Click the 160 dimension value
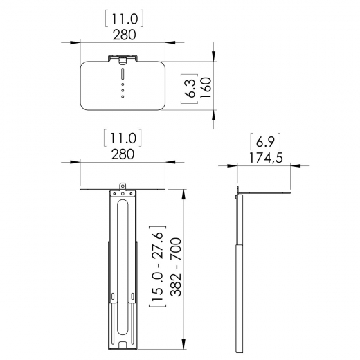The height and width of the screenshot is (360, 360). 206,89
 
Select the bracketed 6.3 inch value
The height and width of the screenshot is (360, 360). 188,89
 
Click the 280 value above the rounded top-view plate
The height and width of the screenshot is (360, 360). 122,33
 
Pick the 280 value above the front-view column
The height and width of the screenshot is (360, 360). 122,153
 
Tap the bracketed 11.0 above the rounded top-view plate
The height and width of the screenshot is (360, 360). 122,15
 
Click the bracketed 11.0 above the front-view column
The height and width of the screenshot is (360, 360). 122,136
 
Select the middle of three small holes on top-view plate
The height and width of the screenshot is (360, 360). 123,90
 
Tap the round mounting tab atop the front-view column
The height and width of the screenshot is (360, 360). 123,186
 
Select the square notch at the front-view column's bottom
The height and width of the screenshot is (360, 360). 123,343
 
